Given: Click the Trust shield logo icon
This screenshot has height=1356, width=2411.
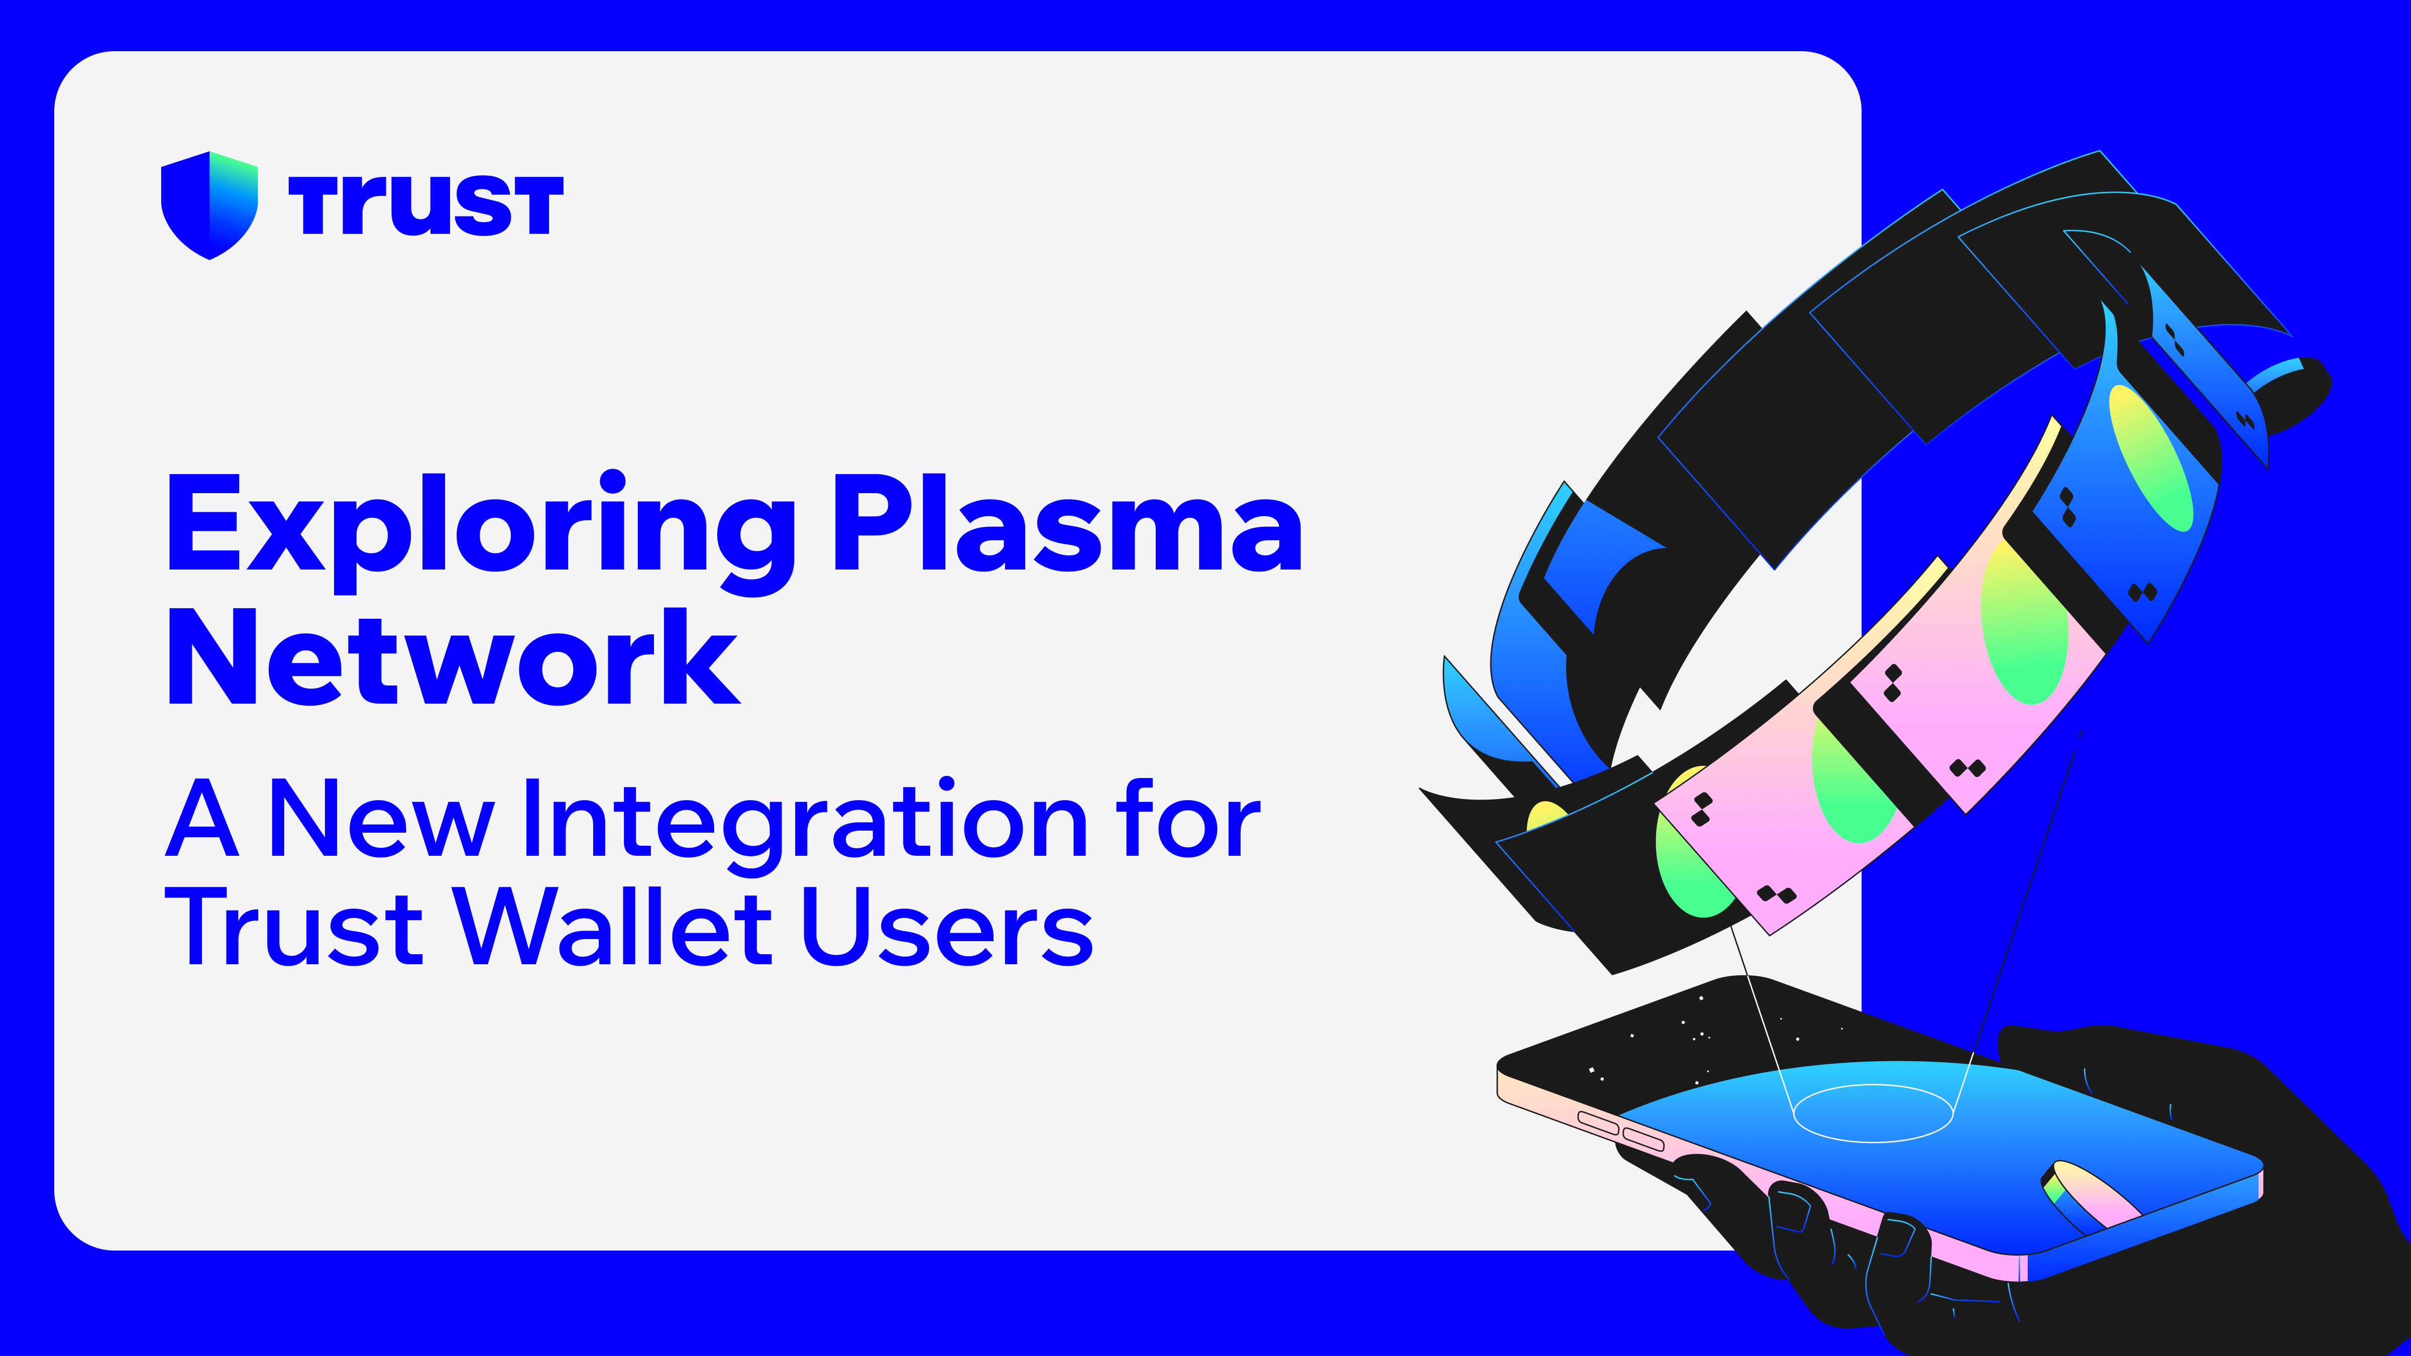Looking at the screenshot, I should (209, 204).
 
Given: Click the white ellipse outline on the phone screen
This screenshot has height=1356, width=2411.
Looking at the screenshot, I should (1872, 1113).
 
